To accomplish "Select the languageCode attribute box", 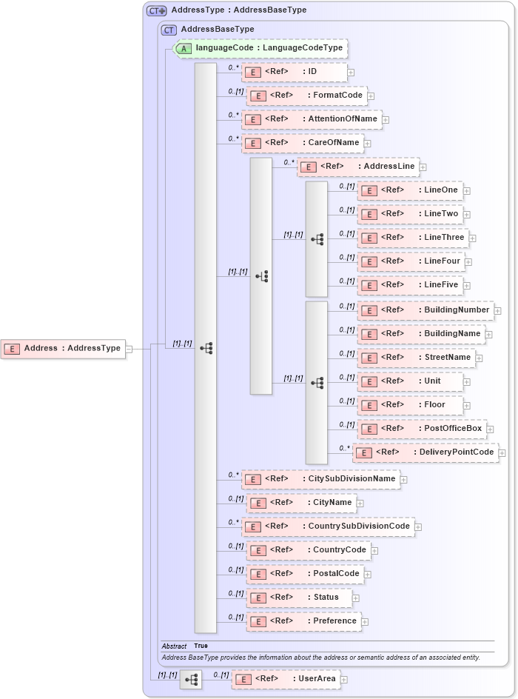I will (x=260, y=48).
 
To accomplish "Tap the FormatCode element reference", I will (x=306, y=96).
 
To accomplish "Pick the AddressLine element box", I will (x=358, y=167).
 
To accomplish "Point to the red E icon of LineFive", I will (x=368, y=285).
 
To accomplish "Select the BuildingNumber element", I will (x=425, y=310).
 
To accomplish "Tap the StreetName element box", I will (x=415, y=358).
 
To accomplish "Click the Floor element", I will (x=411, y=405).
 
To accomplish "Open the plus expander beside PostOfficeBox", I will (x=491, y=429).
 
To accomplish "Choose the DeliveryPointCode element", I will (x=425, y=452).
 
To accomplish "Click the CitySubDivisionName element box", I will (x=320, y=479).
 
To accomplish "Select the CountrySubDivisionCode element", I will (x=328, y=526).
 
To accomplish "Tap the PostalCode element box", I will (x=305, y=574).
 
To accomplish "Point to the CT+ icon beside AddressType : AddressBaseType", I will (x=156, y=10).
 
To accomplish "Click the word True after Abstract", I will (x=201, y=646).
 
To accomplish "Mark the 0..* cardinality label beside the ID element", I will (x=234, y=67).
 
